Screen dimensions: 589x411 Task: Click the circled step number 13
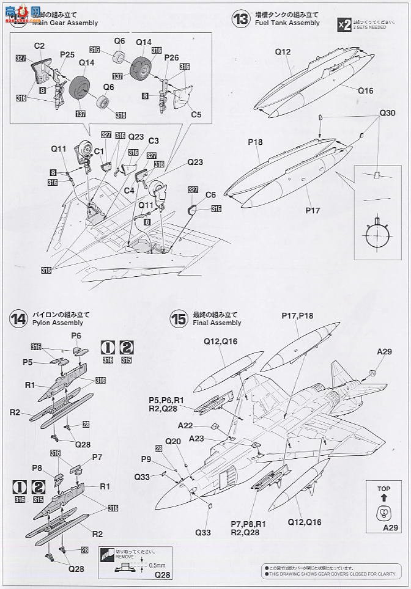coord(241,19)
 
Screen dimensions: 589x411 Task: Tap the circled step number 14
coord(18,318)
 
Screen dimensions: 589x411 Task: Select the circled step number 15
coord(179,318)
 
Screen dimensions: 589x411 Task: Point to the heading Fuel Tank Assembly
coord(286,23)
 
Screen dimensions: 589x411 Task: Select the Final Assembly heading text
coord(217,323)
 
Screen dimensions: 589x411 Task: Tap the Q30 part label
coord(387,113)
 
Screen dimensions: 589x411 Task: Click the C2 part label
coord(40,46)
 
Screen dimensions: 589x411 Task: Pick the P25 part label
coord(67,54)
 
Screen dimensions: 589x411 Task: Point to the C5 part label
coord(196,114)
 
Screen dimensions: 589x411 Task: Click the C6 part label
coord(211,194)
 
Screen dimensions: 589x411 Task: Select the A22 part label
coord(187,426)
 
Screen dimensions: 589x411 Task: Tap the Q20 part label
coord(173,441)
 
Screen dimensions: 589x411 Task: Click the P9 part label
coord(146,459)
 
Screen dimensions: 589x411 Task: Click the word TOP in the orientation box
coord(384,489)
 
